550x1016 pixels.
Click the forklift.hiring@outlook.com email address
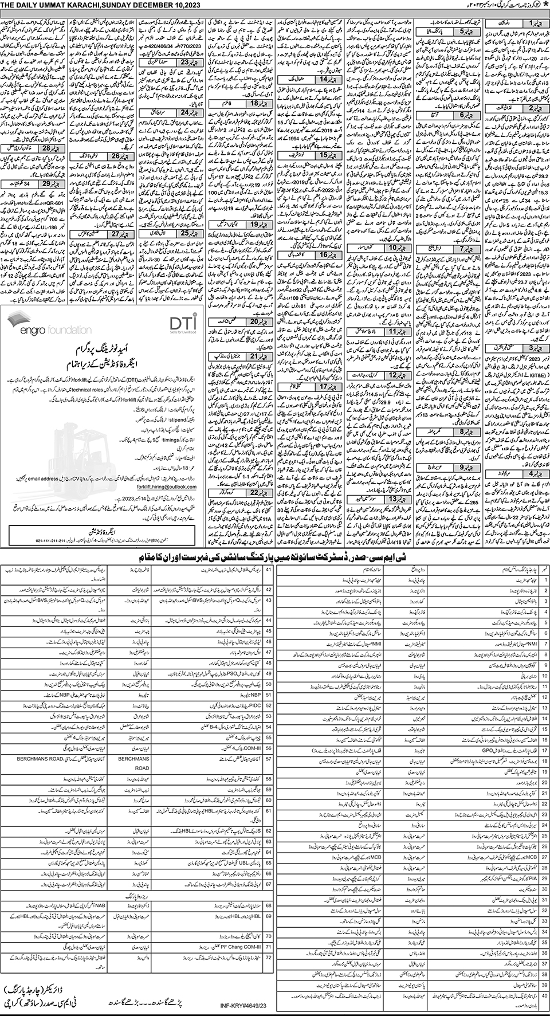click(167, 487)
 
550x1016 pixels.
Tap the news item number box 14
click(332, 79)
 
